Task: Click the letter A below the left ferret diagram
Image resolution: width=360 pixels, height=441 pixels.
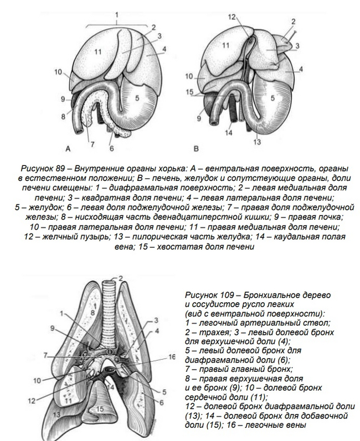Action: coord(67,148)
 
